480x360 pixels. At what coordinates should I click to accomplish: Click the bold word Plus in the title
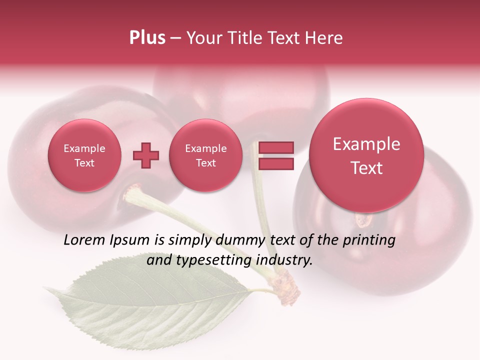(x=147, y=38)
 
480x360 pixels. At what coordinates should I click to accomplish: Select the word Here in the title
(x=325, y=38)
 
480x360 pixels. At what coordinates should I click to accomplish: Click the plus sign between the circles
(x=146, y=155)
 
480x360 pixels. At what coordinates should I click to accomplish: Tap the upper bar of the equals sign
(x=275, y=147)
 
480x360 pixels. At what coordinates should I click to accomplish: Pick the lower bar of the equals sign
(x=275, y=163)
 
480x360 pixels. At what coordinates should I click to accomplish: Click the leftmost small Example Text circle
(x=84, y=155)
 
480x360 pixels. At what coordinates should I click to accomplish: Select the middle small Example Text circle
(x=205, y=155)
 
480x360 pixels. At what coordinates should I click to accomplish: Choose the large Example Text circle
(x=366, y=155)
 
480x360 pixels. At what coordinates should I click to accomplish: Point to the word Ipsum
(x=131, y=241)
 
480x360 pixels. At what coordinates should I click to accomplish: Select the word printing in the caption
(x=369, y=241)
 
